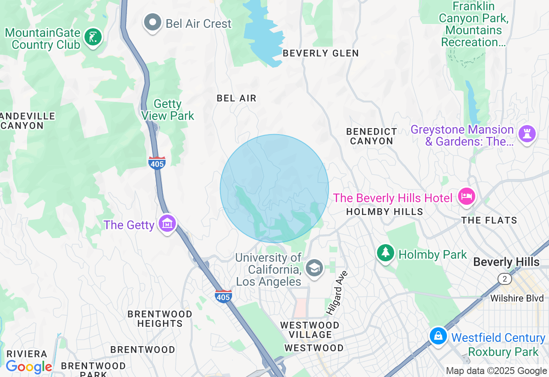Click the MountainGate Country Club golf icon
pos(93,37)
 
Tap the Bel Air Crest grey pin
pos(152,22)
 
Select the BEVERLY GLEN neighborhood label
pos(321,53)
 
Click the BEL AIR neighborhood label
pos(236,98)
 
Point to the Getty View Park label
pos(168,110)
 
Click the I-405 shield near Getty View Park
pos(157,163)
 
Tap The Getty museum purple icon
pos(167,223)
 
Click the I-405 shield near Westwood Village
pos(223,296)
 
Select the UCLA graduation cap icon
pos(314,268)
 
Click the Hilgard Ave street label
pos(338,293)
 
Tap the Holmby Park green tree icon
pos(385,253)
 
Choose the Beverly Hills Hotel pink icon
pos(466,197)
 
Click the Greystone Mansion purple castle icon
pos(527,134)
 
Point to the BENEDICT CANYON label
pos(371,136)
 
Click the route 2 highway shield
pos(505,279)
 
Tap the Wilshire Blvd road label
pos(517,298)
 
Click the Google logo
pos(29,367)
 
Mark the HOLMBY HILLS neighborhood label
pos(384,212)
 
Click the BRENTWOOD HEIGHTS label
pos(160,319)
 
